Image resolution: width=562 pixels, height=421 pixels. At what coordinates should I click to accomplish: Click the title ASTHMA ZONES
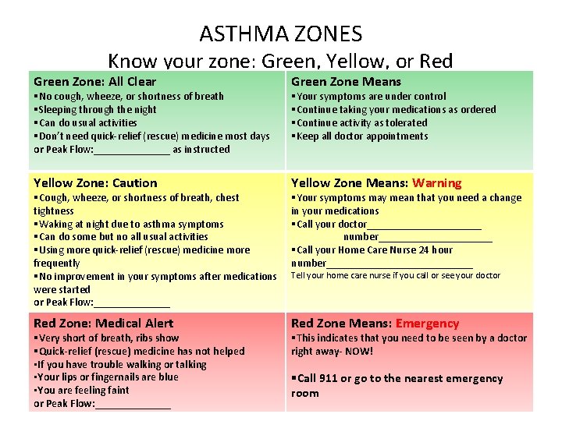[280, 34]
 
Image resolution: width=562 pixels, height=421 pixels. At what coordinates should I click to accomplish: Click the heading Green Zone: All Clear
[94, 82]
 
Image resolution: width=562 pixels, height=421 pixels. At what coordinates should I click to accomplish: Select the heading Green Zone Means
[346, 82]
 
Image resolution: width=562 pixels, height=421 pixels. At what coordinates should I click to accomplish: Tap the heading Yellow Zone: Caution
[95, 183]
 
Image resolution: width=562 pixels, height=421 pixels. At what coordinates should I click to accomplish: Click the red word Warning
[436, 183]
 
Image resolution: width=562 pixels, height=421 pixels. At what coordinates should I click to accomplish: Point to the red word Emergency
[427, 324]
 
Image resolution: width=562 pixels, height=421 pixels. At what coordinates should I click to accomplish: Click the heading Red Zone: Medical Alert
[103, 324]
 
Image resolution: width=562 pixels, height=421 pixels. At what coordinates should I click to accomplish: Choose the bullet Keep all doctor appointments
[361, 136]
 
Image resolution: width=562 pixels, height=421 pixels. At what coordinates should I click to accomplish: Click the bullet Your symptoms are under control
[371, 97]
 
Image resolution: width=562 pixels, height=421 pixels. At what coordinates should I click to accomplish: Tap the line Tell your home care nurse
[395, 276]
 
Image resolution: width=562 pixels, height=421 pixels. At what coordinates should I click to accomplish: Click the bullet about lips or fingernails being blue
[107, 377]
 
